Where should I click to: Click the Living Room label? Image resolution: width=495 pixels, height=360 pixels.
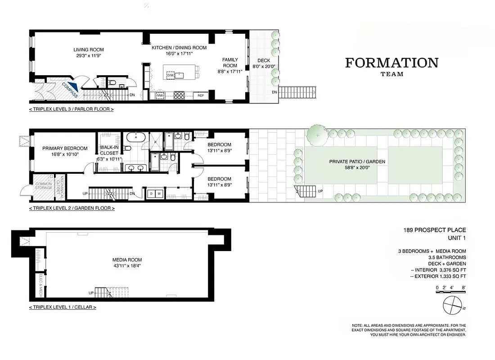point(89,50)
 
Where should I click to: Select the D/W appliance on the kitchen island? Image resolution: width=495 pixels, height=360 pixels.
point(170,75)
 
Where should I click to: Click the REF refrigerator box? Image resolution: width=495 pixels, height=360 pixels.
point(201,95)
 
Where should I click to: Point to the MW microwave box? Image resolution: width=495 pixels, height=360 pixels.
point(160,95)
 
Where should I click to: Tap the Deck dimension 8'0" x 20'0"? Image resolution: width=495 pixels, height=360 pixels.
point(263,67)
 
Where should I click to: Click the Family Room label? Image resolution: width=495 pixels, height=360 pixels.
point(230,63)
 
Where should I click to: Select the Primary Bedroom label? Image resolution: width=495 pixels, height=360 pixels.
point(65,148)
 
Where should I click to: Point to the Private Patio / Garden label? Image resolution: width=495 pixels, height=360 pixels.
point(357,162)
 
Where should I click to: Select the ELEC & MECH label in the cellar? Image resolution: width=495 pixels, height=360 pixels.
point(40,281)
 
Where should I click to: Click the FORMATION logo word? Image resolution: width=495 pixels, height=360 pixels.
point(391,63)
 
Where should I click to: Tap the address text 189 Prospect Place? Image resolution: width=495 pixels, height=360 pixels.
point(434,230)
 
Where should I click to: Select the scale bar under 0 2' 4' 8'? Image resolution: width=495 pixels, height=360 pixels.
point(451,292)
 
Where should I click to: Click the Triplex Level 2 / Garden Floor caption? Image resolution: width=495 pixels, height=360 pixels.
point(72,208)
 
